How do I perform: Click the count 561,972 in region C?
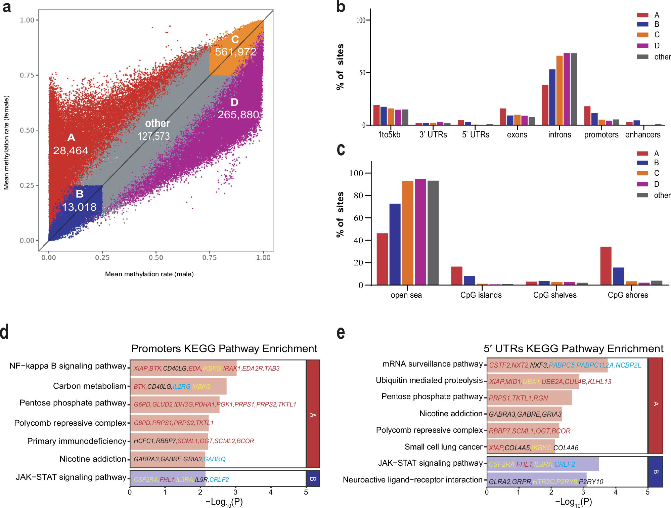click(x=235, y=52)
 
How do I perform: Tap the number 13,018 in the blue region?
click(x=79, y=207)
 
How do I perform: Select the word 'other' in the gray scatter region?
click(x=157, y=123)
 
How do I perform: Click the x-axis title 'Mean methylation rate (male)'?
click(x=149, y=274)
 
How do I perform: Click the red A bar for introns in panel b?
click(x=545, y=105)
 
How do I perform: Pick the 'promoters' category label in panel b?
click(x=601, y=135)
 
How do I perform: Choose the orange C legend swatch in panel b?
click(x=642, y=35)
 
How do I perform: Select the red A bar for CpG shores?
click(x=606, y=266)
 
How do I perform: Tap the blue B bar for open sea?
click(x=395, y=244)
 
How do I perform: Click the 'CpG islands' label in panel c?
click(x=481, y=295)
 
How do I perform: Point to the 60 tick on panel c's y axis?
click(x=358, y=218)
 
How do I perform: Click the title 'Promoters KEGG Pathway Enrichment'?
click(x=224, y=349)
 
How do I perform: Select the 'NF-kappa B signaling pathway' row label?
click(x=68, y=366)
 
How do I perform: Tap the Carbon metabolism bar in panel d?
click(x=178, y=386)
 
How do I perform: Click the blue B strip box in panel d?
click(x=313, y=479)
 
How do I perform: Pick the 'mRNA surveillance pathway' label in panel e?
click(x=433, y=364)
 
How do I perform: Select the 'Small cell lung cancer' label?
click(x=443, y=447)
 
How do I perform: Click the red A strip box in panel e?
click(x=655, y=406)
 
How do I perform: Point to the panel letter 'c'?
click(x=341, y=150)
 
